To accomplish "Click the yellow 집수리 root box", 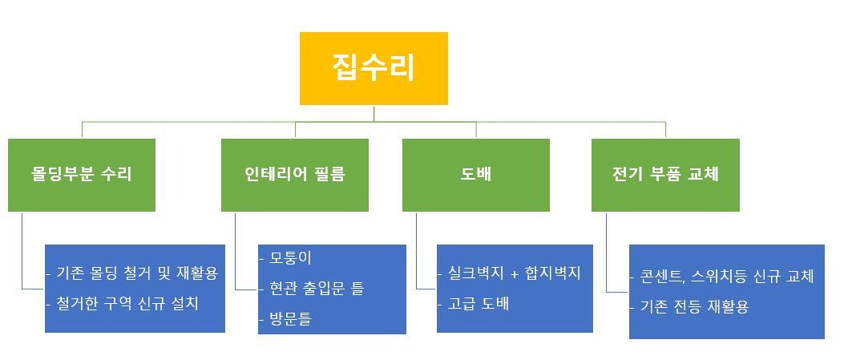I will tap(374, 68).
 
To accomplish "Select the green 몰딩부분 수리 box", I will tap(82, 175).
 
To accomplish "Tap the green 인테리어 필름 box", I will tap(295, 175).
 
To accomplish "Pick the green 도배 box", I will tap(476, 175).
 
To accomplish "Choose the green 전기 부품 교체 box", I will tap(665, 175).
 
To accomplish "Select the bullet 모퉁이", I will tap(291, 258).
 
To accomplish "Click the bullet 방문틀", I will tap(291, 318).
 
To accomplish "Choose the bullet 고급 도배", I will tap(479, 304).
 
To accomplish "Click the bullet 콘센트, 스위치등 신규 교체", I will tap(728, 277).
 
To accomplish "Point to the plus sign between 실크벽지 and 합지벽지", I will tap(515, 273).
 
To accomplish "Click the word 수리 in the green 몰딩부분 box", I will tap(118, 175).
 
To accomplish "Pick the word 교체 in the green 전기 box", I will tap(703, 175).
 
